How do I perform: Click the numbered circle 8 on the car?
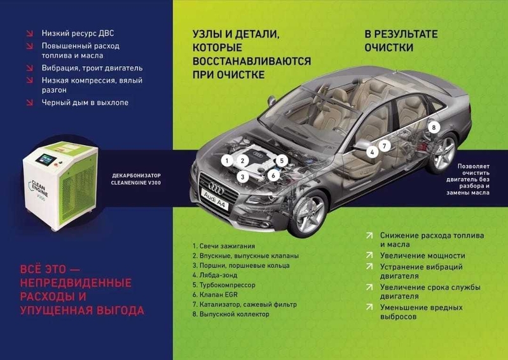tap(434, 127)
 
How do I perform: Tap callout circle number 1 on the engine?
tap(227, 160)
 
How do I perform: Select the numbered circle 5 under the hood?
tap(282, 160)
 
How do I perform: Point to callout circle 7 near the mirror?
tap(385, 146)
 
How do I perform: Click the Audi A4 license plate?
tap(215, 200)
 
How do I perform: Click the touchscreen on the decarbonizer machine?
tap(46, 160)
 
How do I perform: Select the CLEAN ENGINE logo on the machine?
tap(38, 190)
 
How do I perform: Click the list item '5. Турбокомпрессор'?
tap(224, 285)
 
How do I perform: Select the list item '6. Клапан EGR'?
tap(215, 295)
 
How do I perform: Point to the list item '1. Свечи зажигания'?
tap(224, 246)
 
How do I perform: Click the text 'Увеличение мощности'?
tap(422, 256)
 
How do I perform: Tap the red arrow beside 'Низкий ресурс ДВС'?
tap(29, 33)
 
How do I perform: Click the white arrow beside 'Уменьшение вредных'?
tap(369, 307)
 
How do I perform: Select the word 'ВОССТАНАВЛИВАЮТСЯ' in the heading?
tap(252, 61)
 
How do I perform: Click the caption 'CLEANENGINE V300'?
tap(136, 183)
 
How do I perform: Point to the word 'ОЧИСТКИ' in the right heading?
tap(388, 48)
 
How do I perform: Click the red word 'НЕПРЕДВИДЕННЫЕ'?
tap(76, 283)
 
